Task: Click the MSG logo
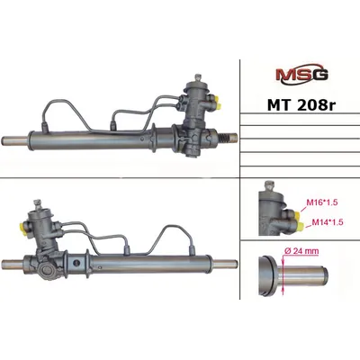[x=301, y=75]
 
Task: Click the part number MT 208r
[x=301, y=104]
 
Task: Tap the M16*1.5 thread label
[x=322, y=202]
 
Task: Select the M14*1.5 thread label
[x=328, y=222]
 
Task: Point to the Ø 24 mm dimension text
[x=301, y=251]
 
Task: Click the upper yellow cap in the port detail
[x=297, y=215]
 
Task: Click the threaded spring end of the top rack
[x=227, y=139]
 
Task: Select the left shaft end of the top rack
[x=14, y=140]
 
